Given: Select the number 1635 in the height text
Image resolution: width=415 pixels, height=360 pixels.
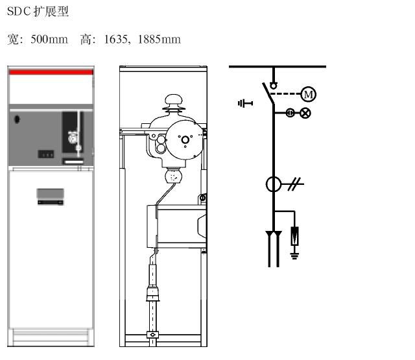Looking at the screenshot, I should pos(116,40).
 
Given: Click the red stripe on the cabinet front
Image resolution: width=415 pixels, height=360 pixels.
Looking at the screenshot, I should pos(51,72).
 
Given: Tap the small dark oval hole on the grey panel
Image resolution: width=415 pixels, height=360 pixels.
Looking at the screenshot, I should pos(18,119).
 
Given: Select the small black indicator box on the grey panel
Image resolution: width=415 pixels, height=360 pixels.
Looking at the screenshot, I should pos(45,154).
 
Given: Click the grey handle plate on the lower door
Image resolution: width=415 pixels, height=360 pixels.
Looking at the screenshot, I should pos(51,195).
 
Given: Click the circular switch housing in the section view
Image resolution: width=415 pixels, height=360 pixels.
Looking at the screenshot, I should pos(184,138).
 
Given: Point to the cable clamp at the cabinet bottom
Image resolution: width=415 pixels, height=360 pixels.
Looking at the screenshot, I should pos(154,335).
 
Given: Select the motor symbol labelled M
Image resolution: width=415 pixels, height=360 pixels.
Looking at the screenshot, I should pos(309,95).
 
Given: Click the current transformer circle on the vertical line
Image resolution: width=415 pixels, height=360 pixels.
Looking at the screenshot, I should pos(273,184).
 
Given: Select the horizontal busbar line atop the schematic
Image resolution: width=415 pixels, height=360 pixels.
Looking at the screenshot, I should pos(277,66).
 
